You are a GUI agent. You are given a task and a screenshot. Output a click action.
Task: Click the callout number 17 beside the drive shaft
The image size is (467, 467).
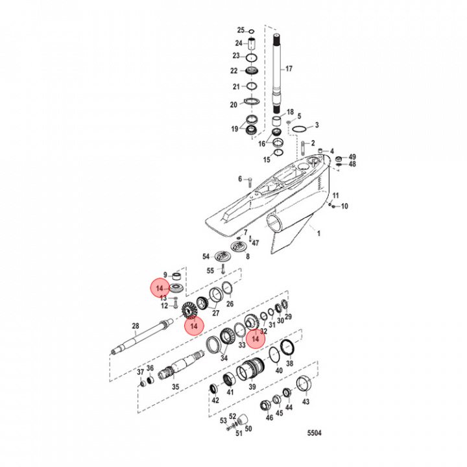pyautogui.click(x=289, y=68)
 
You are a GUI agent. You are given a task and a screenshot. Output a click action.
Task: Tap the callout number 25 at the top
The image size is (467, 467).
pyautogui.click(x=240, y=30)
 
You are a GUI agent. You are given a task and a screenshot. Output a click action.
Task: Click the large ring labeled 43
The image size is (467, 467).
pyautogui.click(x=304, y=385)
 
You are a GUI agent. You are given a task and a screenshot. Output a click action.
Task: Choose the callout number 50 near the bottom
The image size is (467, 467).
pyautogui.click(x=248, y=429)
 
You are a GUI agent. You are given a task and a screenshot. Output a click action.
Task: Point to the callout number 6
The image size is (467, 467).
pyautogui.click(x=239, y=179)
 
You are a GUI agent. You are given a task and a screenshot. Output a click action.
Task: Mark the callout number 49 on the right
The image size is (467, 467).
pyautogui.click(x=353, y=157)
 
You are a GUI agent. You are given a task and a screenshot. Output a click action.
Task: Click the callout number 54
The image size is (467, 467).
pyautogui.click(x=206, y=257)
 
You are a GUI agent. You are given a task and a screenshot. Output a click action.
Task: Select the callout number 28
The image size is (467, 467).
pyautogui.click(x=136, y=326)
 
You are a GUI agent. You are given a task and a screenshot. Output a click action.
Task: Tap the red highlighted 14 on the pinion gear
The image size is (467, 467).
pyautogui.click(x=193, y=326)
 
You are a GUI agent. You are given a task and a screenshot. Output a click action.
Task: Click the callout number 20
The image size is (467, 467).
pyautogui.click(x=233, y=104)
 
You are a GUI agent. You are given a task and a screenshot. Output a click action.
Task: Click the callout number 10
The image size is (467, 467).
pyautogui.click(x=344, y=206)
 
